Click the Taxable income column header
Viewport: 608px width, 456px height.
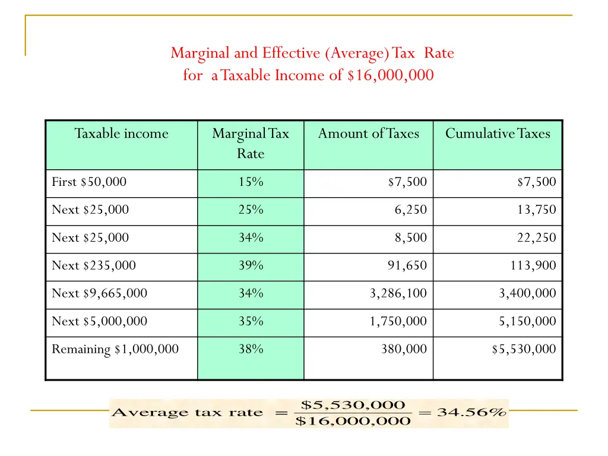(121, 134)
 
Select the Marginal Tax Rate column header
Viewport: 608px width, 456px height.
(250, 143)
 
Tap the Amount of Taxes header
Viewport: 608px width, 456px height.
(368, 134)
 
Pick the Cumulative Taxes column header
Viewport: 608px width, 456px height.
(498, 134)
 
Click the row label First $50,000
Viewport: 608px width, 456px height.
(89, 182)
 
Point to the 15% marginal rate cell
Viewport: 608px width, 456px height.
(251, 182)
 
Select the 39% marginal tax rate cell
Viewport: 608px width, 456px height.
(251, 265)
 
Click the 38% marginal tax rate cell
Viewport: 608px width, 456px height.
(251, 349)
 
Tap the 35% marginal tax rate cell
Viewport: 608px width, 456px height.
(251, 321)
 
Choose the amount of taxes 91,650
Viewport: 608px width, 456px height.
(407, 265)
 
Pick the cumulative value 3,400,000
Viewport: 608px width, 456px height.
(527, 293)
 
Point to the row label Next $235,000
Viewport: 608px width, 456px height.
(94, 265)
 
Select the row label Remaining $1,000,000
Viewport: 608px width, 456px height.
(115, 349)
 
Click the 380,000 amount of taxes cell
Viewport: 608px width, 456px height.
(404, 349)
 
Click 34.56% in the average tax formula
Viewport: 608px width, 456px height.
(471, 413)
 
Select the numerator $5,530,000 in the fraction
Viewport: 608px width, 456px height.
(353, 405)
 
